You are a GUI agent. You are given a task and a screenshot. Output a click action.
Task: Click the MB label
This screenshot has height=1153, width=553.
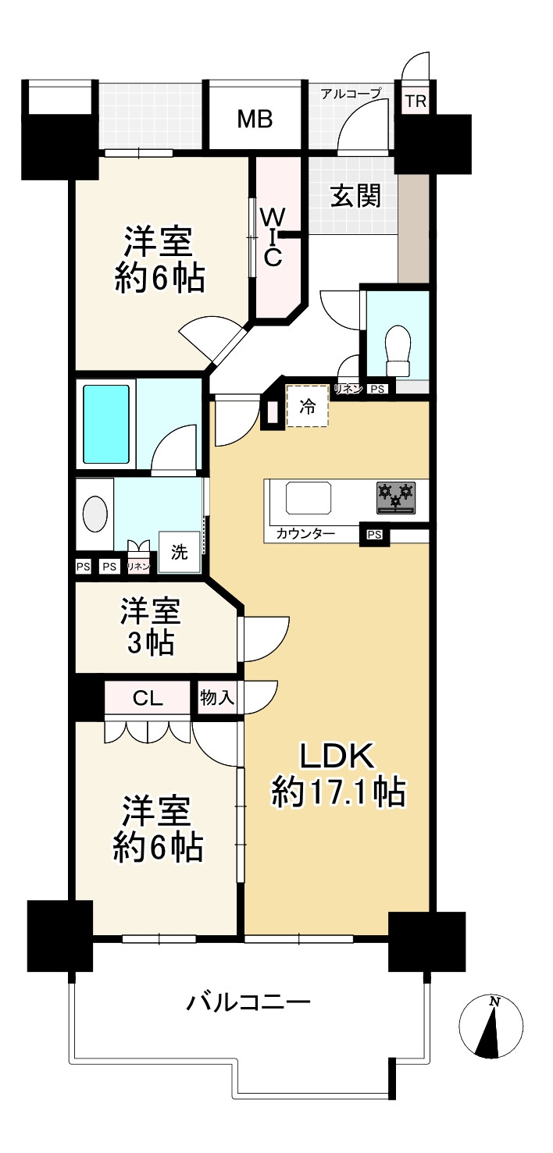(x=255, y=119)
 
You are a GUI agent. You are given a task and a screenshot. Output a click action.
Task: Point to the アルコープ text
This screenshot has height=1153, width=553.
(x=351, y=93)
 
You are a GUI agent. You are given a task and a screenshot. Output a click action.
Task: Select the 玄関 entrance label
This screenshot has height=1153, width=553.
(x=355, y=197)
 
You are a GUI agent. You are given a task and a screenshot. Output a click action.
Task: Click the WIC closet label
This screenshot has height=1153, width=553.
(x=271, y=237)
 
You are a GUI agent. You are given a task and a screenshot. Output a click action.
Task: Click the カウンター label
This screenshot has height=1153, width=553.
(x=305, y=535)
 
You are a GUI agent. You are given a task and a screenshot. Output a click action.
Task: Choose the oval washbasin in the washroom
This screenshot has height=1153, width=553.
(x=95, y=514)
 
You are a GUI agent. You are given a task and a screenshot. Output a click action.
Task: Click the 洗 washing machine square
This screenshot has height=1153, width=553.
(x=180, y=553)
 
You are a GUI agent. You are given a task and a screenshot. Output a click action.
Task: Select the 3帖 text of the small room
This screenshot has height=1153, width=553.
(x=150, y=643)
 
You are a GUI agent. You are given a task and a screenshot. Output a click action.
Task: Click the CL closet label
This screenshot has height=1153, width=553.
(x=148, y=698)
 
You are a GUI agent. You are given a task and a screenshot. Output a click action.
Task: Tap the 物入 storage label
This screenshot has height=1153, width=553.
(x=216, y=697)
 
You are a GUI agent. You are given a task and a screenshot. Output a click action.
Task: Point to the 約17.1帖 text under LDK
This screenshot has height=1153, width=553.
(x=337, y=792)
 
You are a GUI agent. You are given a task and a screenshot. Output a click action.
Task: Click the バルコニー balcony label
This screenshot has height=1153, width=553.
(x=248, y=1002)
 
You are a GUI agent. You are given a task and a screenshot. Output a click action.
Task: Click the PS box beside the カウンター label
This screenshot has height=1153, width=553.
(x=373, y=535)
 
